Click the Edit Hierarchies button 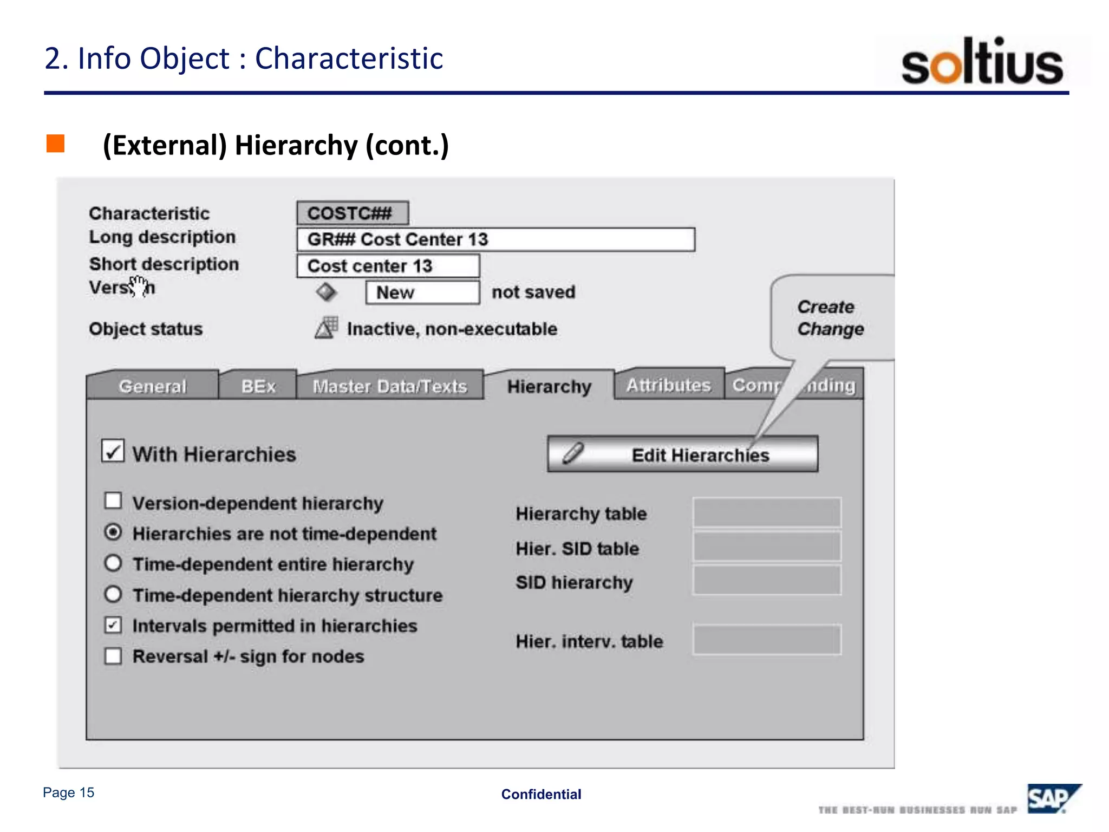[x=682, y=454]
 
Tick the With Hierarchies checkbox [x=113, y=451]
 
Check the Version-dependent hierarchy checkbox [x=113, y=501]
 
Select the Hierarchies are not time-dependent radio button [x=113, y=532]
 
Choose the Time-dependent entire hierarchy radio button [x=113, y=563]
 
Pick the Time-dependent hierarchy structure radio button [x=113, y=594]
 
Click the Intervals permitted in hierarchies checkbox [x=113, y=625]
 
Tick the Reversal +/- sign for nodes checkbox [x=113, y=656]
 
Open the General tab [x=153, y=386]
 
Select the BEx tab [x=258, y=386]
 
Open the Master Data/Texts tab [x=390, y=386]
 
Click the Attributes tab [x=668, y=385]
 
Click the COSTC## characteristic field [x=353, y=213]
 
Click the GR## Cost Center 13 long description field [x=495, y=239]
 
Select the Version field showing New [x=422, y=292]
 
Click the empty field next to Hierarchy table [x=767, y=512]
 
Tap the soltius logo [x=982, y=62]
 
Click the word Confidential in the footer [x=541, y=794]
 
